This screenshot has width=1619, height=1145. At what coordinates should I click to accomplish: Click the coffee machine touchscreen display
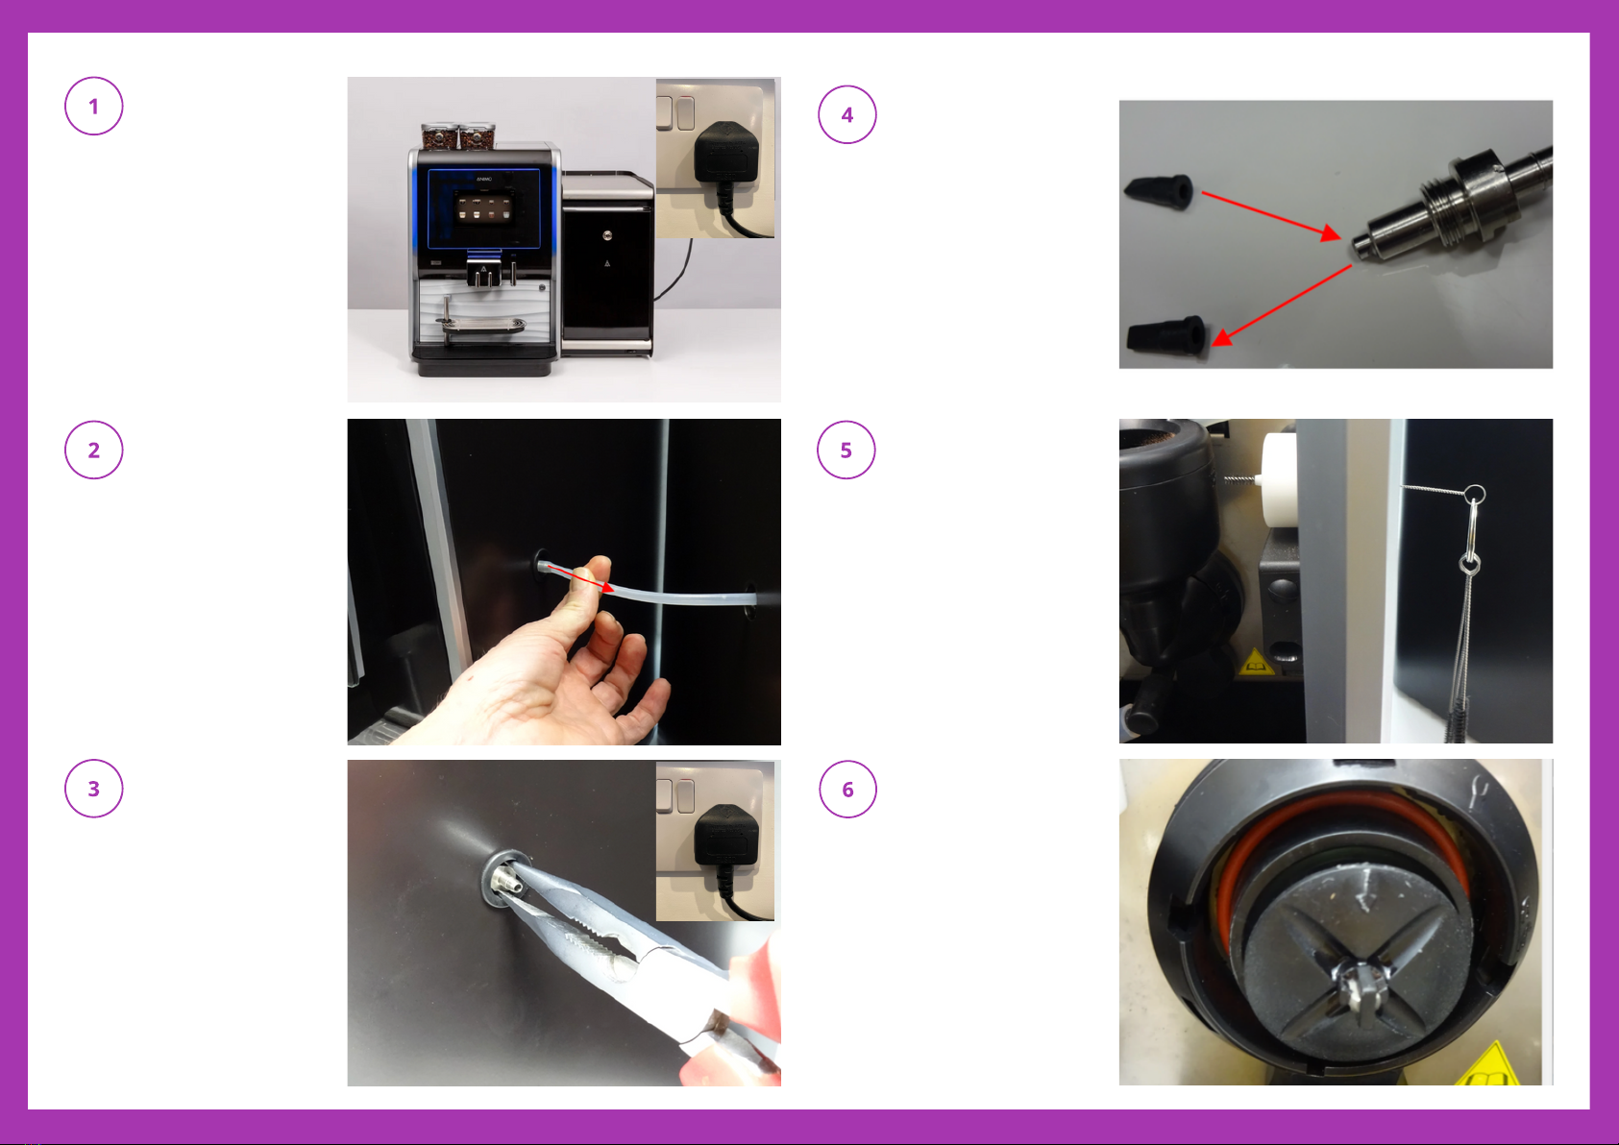pyautogui.click(x=482, y=207)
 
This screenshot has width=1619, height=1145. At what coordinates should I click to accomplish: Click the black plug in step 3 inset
pyautogui.click(x=725, y=838)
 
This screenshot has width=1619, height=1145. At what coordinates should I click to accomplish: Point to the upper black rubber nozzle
pyautogui.click(x=1158, y=191)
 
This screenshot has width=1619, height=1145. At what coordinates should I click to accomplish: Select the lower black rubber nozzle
pyautogui.click(x=1166, y=335)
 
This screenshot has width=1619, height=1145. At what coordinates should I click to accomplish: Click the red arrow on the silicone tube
pyautogui.click(x=580, y=578)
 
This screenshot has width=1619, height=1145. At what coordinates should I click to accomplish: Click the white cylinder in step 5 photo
pyautogui.click(x=1279, y=479)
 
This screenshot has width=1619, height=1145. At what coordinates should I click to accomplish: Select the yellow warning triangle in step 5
pyautogui.click(x=1256, y=663)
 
